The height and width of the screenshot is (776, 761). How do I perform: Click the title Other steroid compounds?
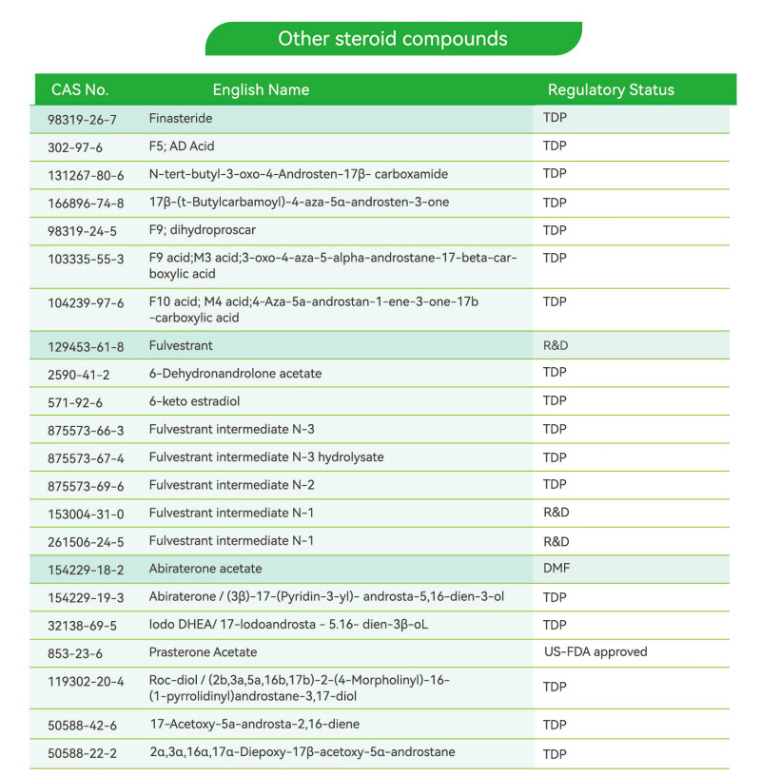point(392,39)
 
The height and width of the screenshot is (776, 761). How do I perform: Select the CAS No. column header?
point(80,90)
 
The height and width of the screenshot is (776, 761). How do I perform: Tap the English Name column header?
point(261,90)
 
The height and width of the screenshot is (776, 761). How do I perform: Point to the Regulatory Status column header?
point(611,90)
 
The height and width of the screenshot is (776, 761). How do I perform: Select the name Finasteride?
point(180,120)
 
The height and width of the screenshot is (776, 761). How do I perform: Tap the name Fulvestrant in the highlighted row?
point(181,346)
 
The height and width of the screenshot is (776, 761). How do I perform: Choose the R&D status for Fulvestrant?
point(556,346)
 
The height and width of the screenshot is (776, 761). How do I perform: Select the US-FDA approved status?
point(595,652)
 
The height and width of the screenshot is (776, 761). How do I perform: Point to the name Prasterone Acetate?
point(203,652)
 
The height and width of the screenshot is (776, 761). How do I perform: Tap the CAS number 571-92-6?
point(75,402)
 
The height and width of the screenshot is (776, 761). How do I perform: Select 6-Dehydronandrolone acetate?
point(235,374)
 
